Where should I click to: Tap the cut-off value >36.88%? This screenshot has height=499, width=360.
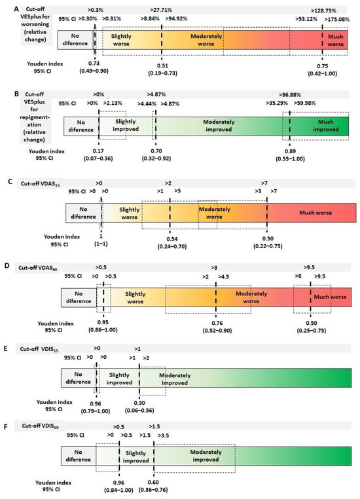291,94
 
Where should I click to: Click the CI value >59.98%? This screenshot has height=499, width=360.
309,103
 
